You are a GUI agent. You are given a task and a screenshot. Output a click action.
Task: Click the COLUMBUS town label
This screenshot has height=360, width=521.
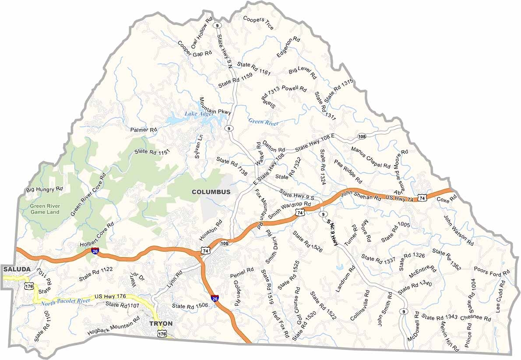click(x=211, y=192)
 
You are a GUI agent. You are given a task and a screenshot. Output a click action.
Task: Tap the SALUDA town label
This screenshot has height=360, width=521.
click(x=16, y=269)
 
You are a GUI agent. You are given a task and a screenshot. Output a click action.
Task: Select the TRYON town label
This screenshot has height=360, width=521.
click(x=161, y=324)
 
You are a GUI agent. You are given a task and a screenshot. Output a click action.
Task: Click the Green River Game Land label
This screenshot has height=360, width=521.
click(x=45, y=209)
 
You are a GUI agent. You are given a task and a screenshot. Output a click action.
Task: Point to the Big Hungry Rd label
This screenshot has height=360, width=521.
click(x=45, y=190)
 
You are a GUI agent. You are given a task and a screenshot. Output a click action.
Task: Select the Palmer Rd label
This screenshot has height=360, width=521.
click(x=144, y=130)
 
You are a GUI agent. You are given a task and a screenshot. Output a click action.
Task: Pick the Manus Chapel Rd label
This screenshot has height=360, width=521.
click(x=370, y=157)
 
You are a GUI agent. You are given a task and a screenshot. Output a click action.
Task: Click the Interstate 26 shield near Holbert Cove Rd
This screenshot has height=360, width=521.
click(x=95, y=251)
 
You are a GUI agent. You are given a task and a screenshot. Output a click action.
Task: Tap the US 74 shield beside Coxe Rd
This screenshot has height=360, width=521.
click(x=422, y=198)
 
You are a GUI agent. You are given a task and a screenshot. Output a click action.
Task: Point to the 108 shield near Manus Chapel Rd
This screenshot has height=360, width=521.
click(x=362, y=136)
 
